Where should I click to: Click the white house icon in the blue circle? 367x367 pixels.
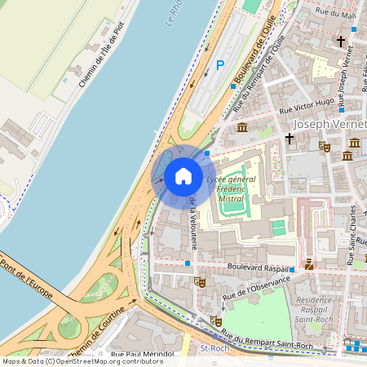[183, 175]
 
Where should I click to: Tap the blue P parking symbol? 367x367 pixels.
[219, 64]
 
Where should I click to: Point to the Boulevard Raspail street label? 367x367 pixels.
[241, 267]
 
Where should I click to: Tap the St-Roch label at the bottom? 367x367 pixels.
[214, 348]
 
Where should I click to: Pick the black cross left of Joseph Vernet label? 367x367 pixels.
[290, 139]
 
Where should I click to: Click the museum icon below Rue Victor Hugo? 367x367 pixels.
[242, 126]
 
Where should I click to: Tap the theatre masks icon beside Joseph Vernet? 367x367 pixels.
[324, 148]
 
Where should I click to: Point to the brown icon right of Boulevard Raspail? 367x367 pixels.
[309, 263]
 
